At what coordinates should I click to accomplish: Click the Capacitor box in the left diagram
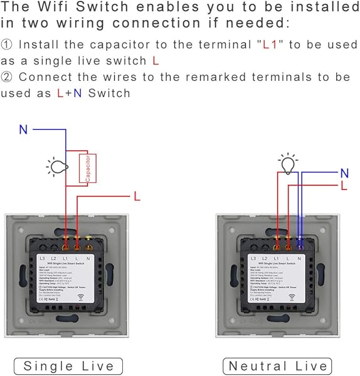point(87,168)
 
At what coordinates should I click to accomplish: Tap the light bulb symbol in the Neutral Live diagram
point(288,164)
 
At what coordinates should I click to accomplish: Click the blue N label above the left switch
point(23,130)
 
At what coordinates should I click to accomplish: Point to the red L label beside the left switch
point(137,196)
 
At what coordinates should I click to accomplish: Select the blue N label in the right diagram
point(344,173)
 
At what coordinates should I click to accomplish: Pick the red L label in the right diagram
point(344,186)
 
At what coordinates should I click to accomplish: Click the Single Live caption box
point(68,366)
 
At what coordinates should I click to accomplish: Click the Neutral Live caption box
point(278,366)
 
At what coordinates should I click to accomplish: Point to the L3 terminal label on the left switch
point(43,258)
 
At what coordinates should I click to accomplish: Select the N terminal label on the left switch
point(87,258)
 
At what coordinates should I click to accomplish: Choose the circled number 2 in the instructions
point(7,76)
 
